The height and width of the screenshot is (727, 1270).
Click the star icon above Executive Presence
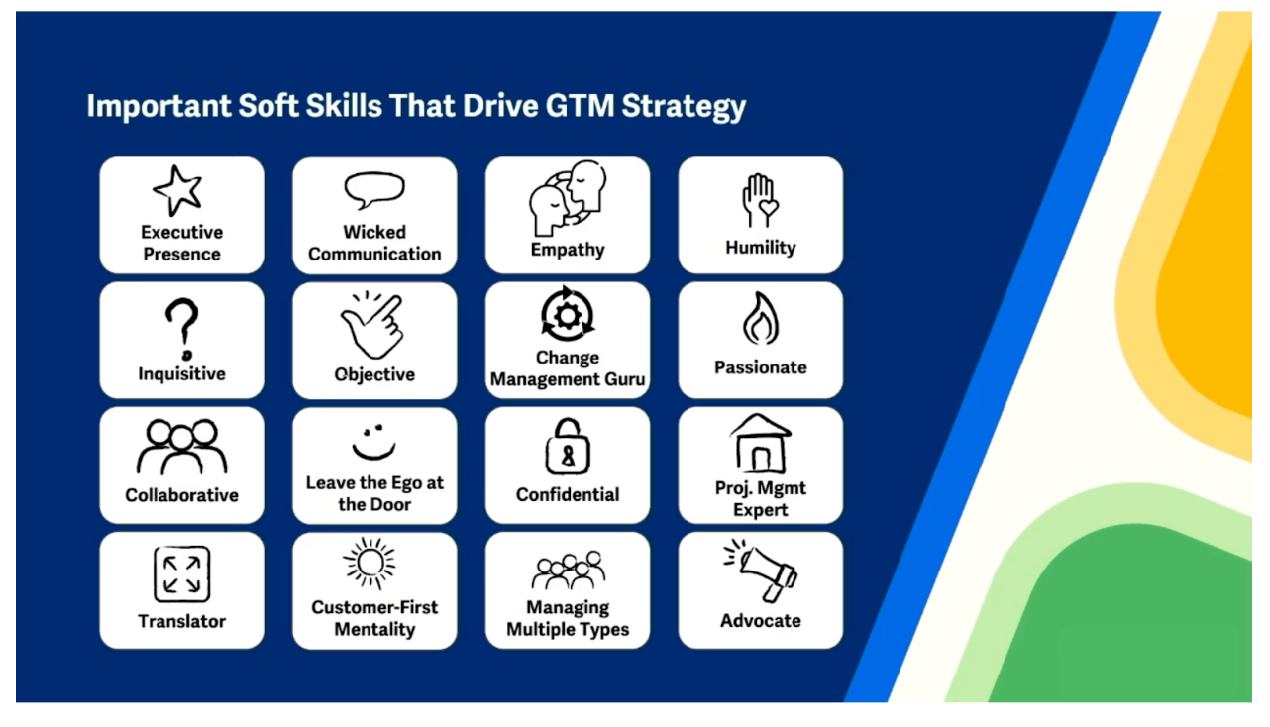point(177,190)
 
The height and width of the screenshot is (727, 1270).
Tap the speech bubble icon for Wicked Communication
point(373,189)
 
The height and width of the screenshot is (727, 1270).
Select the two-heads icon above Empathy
point(568,198)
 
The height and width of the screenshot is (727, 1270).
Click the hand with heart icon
point(761,201)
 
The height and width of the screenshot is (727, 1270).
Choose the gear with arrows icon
point(568,314)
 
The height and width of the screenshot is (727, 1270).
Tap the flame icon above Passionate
point(761,319)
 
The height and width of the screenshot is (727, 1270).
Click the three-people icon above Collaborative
point(181,448)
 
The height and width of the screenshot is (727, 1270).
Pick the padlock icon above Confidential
point(568,447)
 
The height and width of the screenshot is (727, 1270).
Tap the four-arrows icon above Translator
point(181,574)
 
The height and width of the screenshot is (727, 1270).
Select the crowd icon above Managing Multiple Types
point(568,571)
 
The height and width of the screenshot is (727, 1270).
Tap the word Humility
point(761,248)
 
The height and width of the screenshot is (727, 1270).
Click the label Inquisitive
point(181,374)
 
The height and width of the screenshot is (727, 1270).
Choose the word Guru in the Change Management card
point(624,379)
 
